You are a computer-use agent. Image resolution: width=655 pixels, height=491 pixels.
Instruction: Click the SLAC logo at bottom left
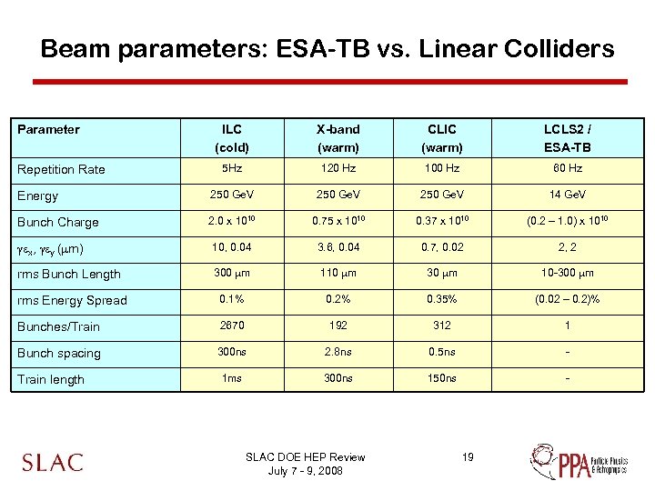tap(52, 462)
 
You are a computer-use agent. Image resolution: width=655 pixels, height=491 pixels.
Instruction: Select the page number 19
tap(468, 456)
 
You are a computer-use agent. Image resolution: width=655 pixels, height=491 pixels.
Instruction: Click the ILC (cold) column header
tap(232, 138)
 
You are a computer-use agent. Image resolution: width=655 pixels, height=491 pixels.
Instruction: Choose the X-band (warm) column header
tap(338, 138)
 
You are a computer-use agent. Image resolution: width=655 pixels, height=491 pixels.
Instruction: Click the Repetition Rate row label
tap(61, 169)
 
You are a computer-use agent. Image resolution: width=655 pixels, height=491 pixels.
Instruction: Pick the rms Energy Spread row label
tap(72, 300)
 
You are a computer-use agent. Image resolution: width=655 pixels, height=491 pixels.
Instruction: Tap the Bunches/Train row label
tap(59, 326)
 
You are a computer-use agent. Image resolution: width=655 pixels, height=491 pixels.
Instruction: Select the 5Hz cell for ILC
tap(232, 168)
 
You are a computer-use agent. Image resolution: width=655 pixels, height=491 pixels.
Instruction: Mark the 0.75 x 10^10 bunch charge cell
tap(338, 221)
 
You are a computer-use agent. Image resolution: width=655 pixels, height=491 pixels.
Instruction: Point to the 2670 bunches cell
tap(232, 326)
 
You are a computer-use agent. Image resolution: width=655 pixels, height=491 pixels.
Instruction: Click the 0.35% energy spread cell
tap(443, 299)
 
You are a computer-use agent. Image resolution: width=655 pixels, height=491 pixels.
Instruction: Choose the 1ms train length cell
tap(232, 378)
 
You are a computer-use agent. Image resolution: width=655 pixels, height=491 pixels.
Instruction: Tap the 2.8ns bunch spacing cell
tap(338, 352)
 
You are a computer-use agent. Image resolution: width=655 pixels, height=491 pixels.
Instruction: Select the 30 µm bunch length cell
tap(443, 273)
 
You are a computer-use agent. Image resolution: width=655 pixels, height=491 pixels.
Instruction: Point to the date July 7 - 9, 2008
tap(305, 470)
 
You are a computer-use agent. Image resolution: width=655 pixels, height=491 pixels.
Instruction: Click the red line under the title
tap(329, 82)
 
